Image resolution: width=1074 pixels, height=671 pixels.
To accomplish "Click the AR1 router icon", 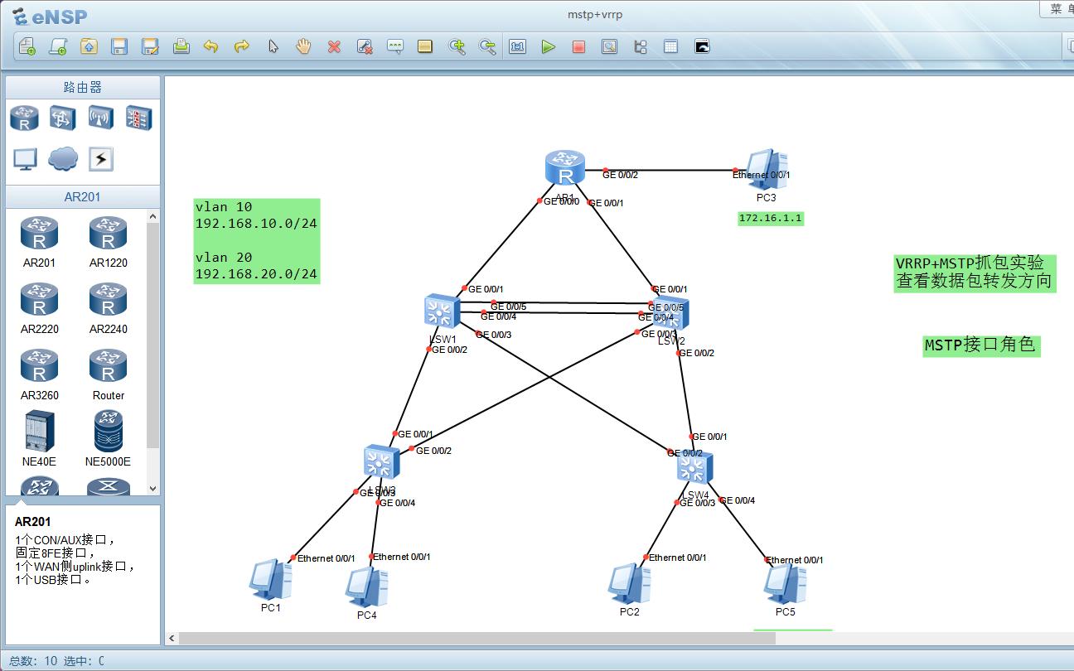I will point(565,168).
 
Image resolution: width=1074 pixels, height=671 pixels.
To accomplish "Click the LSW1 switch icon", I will point(439,311).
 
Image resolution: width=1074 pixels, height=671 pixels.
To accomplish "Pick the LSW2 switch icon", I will point(671,312).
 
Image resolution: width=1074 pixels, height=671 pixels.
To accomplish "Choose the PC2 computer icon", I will point(629,584).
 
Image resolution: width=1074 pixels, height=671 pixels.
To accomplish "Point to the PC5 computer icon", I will point(785,584).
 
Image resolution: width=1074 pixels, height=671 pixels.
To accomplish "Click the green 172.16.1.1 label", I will point(771,219).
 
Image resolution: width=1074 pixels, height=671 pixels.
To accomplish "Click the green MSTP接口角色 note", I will point(980,345).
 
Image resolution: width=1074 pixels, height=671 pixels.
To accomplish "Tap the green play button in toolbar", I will point(548,47).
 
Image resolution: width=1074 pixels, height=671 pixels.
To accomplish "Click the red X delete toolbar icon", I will point(334,47).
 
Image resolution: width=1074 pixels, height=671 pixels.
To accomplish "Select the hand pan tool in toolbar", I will point(303,46).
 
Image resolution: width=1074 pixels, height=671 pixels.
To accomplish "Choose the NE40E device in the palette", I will point(39,431).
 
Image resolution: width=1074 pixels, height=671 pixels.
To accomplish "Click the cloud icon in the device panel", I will point(63,158).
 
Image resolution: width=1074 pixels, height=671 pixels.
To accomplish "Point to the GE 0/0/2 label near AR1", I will point(620,175).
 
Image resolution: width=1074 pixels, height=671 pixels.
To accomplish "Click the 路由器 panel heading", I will point(83,88).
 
